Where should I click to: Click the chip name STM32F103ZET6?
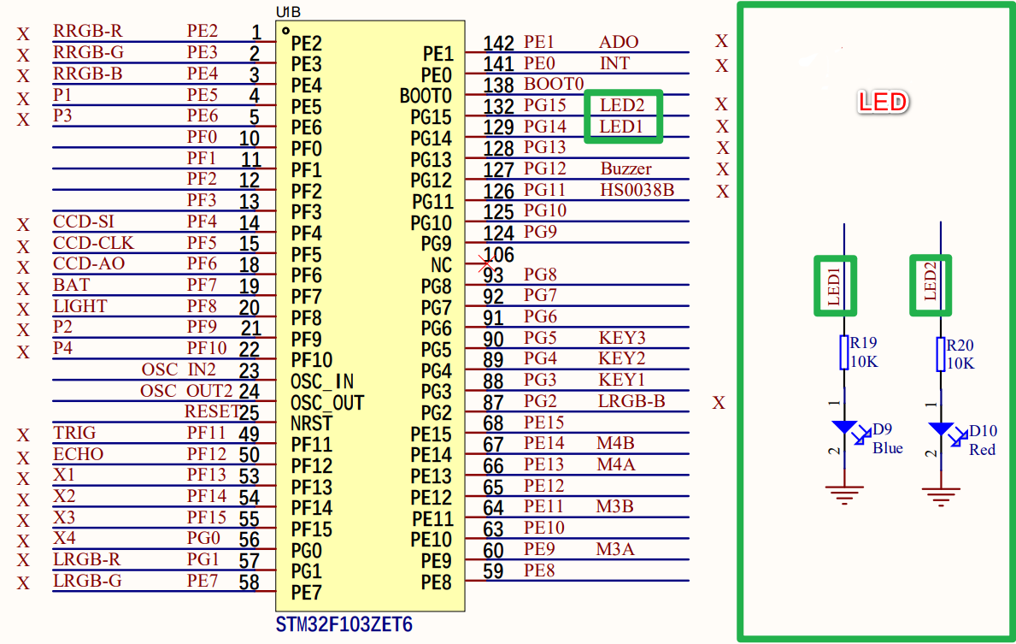344,624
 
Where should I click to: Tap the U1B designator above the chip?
288,12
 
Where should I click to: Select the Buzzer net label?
626,168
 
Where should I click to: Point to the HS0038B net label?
637,190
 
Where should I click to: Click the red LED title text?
883,102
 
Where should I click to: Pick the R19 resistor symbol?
843,352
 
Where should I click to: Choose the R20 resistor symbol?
940,354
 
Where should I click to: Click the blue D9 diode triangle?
844,427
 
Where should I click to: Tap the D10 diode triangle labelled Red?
941,428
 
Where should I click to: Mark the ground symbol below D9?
844,494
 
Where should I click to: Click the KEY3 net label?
622,338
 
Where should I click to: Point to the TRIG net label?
74,433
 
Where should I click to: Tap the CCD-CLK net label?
93,243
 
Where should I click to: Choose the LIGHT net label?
80,306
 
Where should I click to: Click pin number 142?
498,43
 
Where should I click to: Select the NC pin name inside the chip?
441,265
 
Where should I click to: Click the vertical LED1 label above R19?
834,286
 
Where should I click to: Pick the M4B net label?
615,444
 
